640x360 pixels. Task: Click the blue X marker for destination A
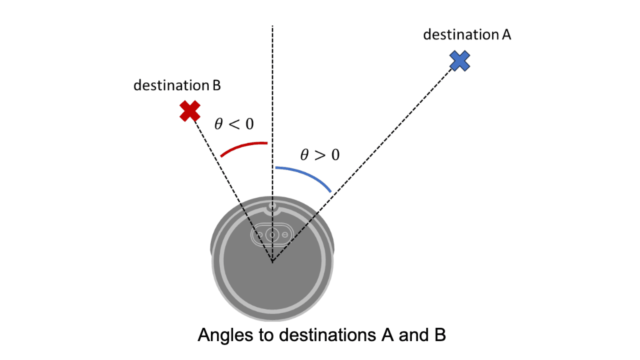click(460, 61)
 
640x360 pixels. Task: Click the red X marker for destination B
click(190, 111)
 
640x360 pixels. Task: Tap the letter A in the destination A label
click(506, 35)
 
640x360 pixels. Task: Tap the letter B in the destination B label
click(217, 85)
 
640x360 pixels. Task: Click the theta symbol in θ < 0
click(219, 124)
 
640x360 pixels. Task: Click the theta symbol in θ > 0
click(304, 155)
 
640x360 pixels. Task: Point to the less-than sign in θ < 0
click(234, 124)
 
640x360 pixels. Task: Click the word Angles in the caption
click(225, 335)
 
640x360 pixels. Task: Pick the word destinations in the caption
click(328, 335)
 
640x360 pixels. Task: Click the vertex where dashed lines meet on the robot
click(272, 261)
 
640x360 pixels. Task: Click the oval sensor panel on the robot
click(272, 235)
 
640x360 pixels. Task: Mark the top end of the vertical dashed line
click(272, 26)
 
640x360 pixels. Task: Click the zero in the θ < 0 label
click(250, 124)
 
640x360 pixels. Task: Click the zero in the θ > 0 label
click(335, 155)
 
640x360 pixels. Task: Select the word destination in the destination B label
click(171, 85)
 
